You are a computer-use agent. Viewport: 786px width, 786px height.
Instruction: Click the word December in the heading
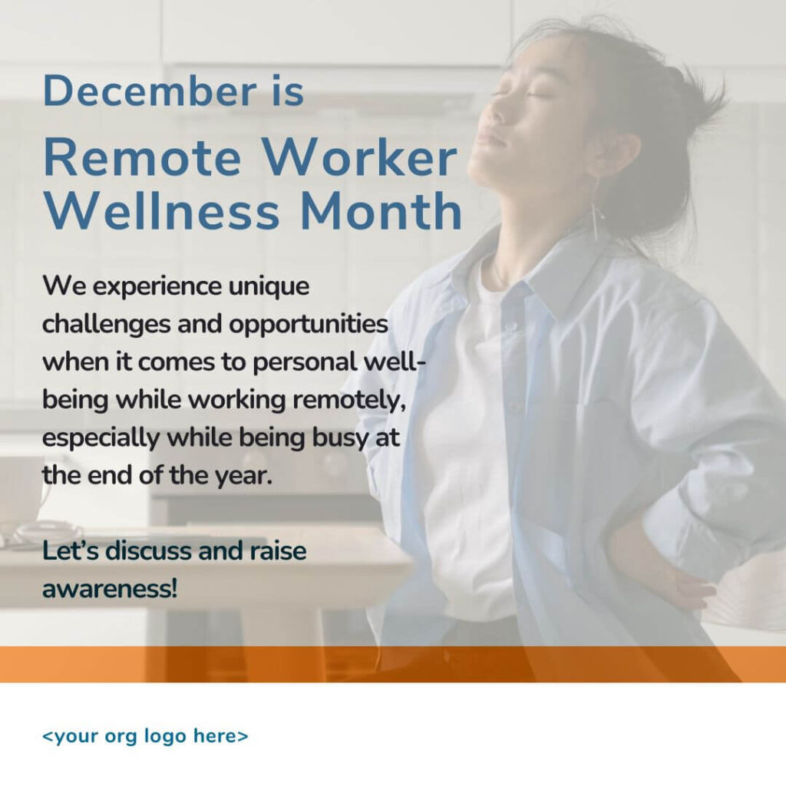click(x=149, y=91)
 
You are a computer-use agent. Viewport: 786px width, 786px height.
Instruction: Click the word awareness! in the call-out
click(x=110, y=589)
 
